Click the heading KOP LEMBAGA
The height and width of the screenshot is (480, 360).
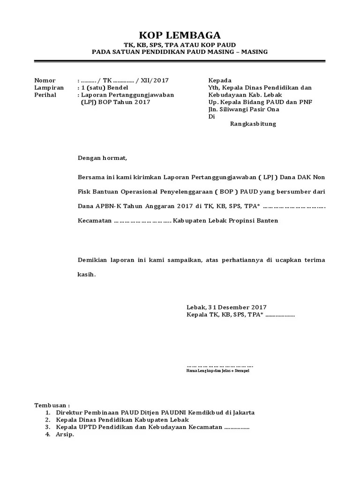coord(180,36)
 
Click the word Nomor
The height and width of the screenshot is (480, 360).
coord(45,81)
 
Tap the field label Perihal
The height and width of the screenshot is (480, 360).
coord(45,95)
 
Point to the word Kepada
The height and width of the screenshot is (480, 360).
coord(220,81)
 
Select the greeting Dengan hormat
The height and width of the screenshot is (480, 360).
coord(102,158)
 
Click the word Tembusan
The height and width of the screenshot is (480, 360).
coord(51,405)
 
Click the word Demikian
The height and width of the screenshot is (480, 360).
coord(92,260)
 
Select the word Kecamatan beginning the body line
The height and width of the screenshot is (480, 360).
coord(94,220)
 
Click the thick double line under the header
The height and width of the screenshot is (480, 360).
coord(180,61)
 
